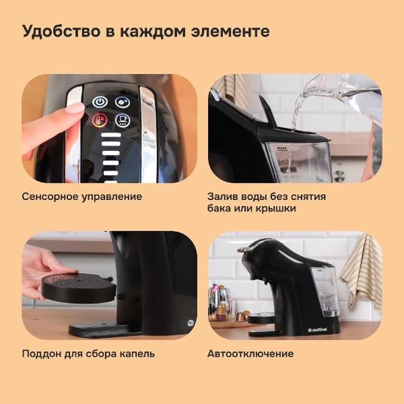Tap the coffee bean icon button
point(122,102)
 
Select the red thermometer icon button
point(100,120)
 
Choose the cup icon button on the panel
point(122,120)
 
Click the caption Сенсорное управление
point(82,197)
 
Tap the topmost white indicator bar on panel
point(111,135)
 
